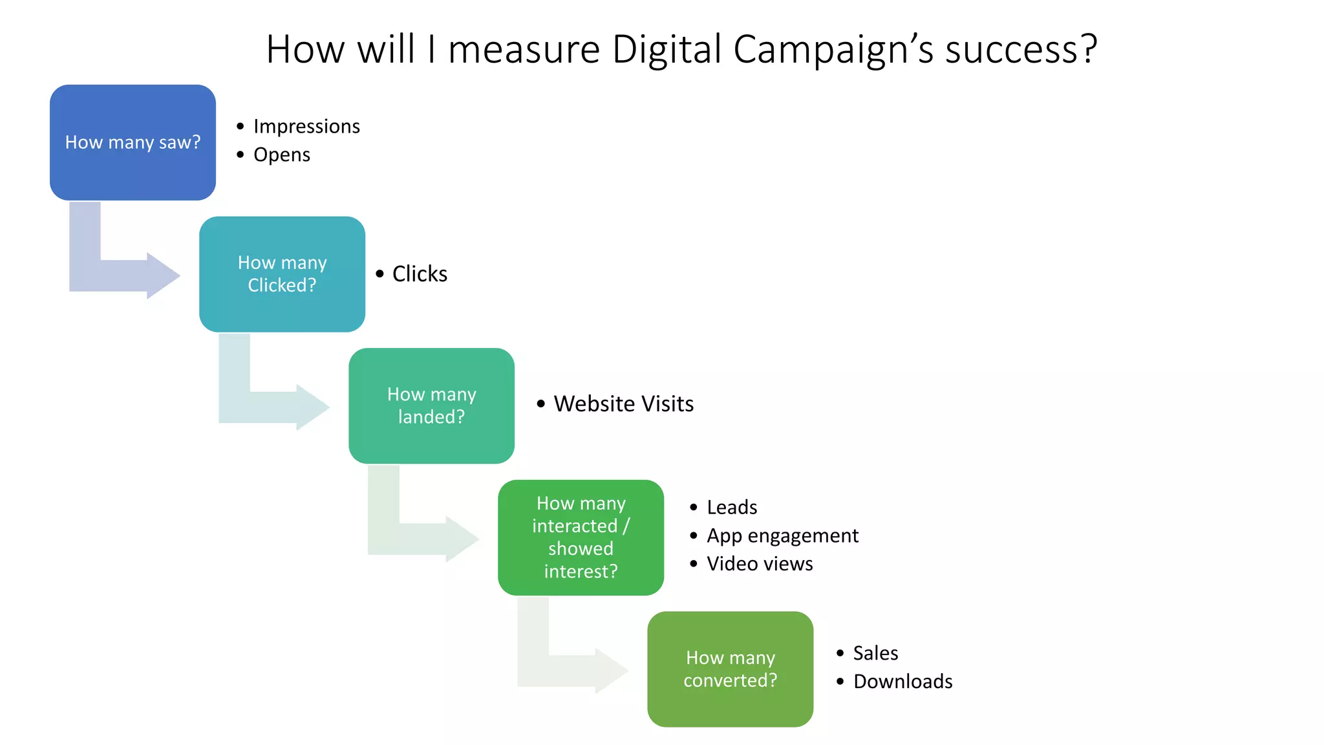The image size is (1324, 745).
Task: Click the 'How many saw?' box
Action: click(x=133, y=142)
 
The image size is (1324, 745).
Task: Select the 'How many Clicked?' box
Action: click(x=282, y=274)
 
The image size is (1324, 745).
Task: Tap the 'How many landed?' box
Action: click(x=431, y=405)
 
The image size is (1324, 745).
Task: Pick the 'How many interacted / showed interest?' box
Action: click(x=581, y=537)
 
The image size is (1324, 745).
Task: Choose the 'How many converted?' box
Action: click(x=730, y=669)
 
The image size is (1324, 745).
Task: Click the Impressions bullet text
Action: click(x=306, y=126)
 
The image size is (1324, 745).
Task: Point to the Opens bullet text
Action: click(x=282, y=155)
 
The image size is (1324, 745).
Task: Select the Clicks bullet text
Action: click(x=420, y=274)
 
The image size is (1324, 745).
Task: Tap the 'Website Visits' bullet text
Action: click(x=623, y=404)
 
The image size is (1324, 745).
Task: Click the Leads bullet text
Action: click(x=732, y=507)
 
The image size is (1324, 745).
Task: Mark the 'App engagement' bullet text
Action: click(x=782, y=535)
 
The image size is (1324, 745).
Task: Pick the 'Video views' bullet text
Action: click(x=760, y=564)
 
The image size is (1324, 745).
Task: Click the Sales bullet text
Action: click(x=875, y=653)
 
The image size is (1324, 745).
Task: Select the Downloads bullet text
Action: click(x=902, y=682)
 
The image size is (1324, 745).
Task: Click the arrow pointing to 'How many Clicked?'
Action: click(x=123, y=275)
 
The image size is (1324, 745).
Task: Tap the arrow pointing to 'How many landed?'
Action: click(x=272, y=407)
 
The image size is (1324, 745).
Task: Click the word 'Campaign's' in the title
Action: click(x=833, y=49)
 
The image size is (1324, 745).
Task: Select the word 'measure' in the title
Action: click(x=524, y=49)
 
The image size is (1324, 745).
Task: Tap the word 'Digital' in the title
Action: click(x=667, y=49)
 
